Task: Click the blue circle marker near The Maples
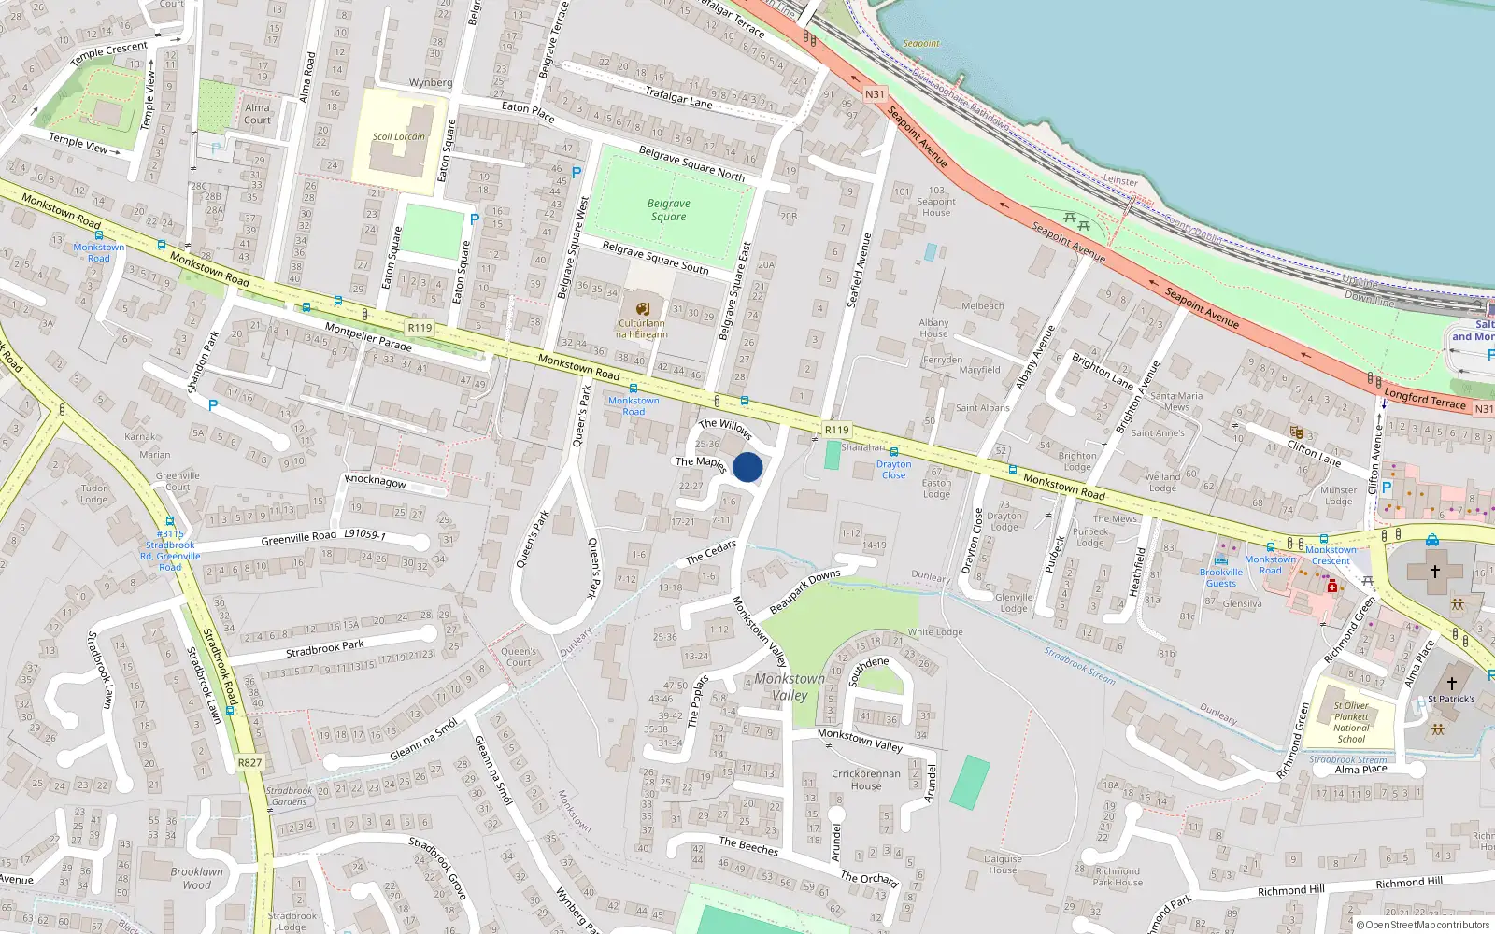747,467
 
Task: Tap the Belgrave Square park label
668,210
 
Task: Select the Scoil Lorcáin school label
398,136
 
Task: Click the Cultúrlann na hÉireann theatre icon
643,309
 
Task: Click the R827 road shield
249,762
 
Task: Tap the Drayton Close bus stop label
893,469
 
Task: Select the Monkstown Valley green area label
790,686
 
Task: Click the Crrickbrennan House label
866,779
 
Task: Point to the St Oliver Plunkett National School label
1351,722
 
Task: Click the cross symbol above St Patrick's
1451,684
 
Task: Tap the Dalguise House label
1003,864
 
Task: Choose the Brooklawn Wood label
196,878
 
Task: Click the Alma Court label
257,114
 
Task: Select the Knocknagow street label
376,481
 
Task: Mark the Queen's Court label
519,657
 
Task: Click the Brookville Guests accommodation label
1220,577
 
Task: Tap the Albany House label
933,328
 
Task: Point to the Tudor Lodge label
93,493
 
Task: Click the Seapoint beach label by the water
921,44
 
